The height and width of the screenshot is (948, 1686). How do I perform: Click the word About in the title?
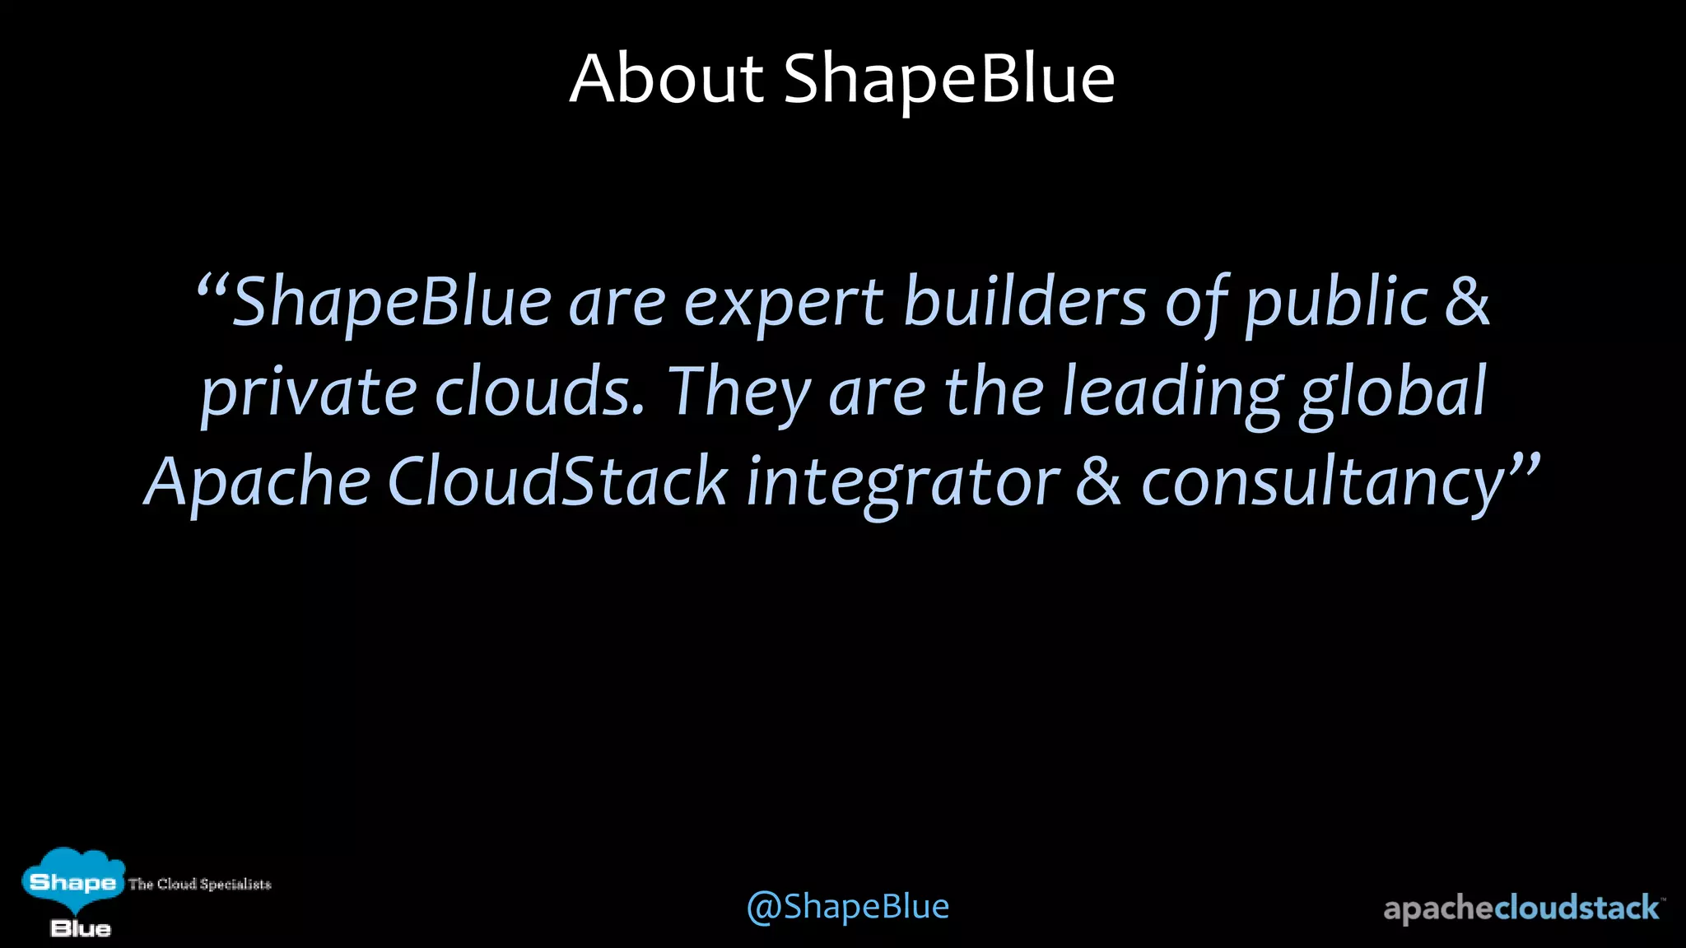point(667,79)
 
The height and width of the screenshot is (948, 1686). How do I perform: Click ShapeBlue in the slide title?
point(948,81)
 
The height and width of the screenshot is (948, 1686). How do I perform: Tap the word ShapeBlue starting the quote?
point(391,303)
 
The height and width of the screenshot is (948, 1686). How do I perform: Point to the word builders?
point(1024,301)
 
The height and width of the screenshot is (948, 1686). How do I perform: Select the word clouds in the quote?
point(538,392)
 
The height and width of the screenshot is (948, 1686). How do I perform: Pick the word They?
point(738,393)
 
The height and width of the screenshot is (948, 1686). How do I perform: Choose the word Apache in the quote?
point(258,484)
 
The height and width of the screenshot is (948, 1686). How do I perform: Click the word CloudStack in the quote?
point(557,482)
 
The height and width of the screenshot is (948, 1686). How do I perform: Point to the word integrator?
point(902,484)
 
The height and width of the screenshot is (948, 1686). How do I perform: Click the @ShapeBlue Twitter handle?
point(848,907)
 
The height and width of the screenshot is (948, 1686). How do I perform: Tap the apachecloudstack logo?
point(1521,908)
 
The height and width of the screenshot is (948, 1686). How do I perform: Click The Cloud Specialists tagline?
point(199,885)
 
